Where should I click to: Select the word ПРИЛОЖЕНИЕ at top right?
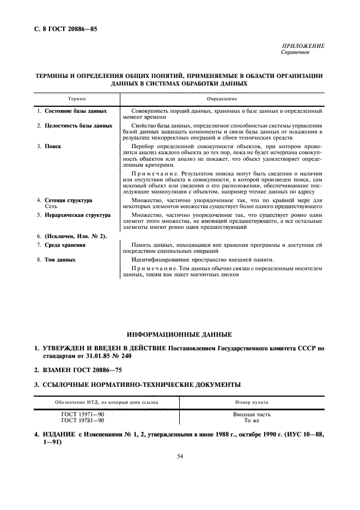(x=303, y=46)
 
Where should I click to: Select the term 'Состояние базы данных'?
(x=75, y=111)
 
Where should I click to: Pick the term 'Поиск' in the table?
(x=53, y=147)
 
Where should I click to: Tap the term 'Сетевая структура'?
(x=68, y=201)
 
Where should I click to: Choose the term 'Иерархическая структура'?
(x=77, y=215)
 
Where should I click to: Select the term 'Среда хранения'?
(x=65, y=245)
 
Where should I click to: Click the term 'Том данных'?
(x=60, y=260)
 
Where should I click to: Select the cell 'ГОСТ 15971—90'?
(x=83, y=415)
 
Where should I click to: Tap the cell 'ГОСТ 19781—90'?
(x=83, y=421)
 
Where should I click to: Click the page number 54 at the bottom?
(x=180, y=457)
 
